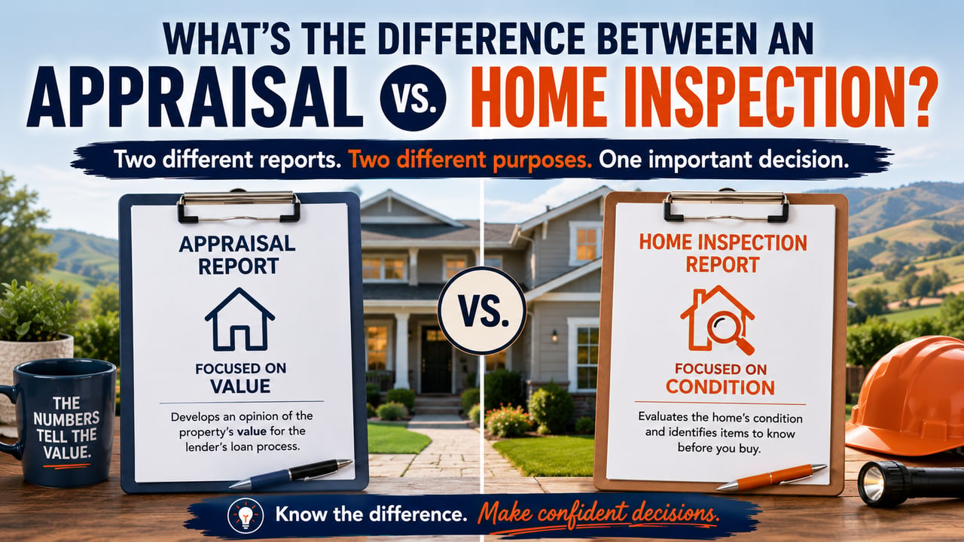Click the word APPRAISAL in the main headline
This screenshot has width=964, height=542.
click(x=194, y=97)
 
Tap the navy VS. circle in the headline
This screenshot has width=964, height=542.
click(x=413, y=98)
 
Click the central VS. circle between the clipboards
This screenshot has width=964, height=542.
click(x=482, y=310)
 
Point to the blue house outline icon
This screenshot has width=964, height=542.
click(x=239, y=319)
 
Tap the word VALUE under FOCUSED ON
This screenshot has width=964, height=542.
click(x=240, y=386)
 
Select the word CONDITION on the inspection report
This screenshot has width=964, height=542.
click(x=721, y=387)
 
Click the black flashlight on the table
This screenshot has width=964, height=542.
click(x=911, y=484)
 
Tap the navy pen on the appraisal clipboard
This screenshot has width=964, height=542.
click(x=291, y=474)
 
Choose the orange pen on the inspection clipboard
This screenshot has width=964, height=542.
click(x=771, y=477)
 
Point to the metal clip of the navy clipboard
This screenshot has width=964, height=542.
click(x=239, y=206)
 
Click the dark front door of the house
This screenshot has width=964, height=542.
click(x=436, y=360)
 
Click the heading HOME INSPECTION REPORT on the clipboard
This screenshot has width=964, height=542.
click(x=722, y=254)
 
